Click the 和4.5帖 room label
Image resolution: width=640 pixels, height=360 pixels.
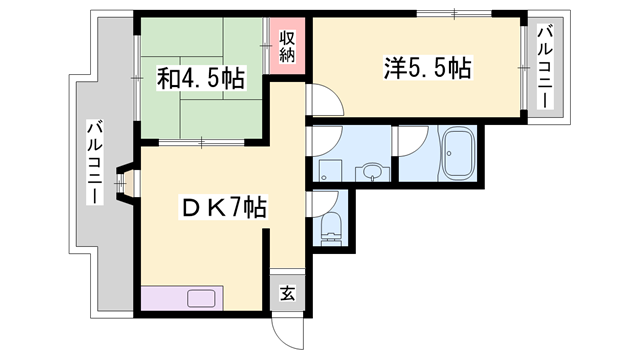click(x=200, y=79)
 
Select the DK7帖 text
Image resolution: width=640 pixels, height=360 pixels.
click(x=221, y=209)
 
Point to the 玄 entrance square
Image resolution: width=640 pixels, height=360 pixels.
click(x=287, y=293)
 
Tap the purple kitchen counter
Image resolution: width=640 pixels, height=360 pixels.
click(x=184, y=297)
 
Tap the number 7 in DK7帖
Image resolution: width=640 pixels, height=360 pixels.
click(x=241, y=209)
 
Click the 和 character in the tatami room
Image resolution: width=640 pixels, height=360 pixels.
click(x=167, y=79)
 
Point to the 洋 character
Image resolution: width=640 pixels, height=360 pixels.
click(x=395, y=68)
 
